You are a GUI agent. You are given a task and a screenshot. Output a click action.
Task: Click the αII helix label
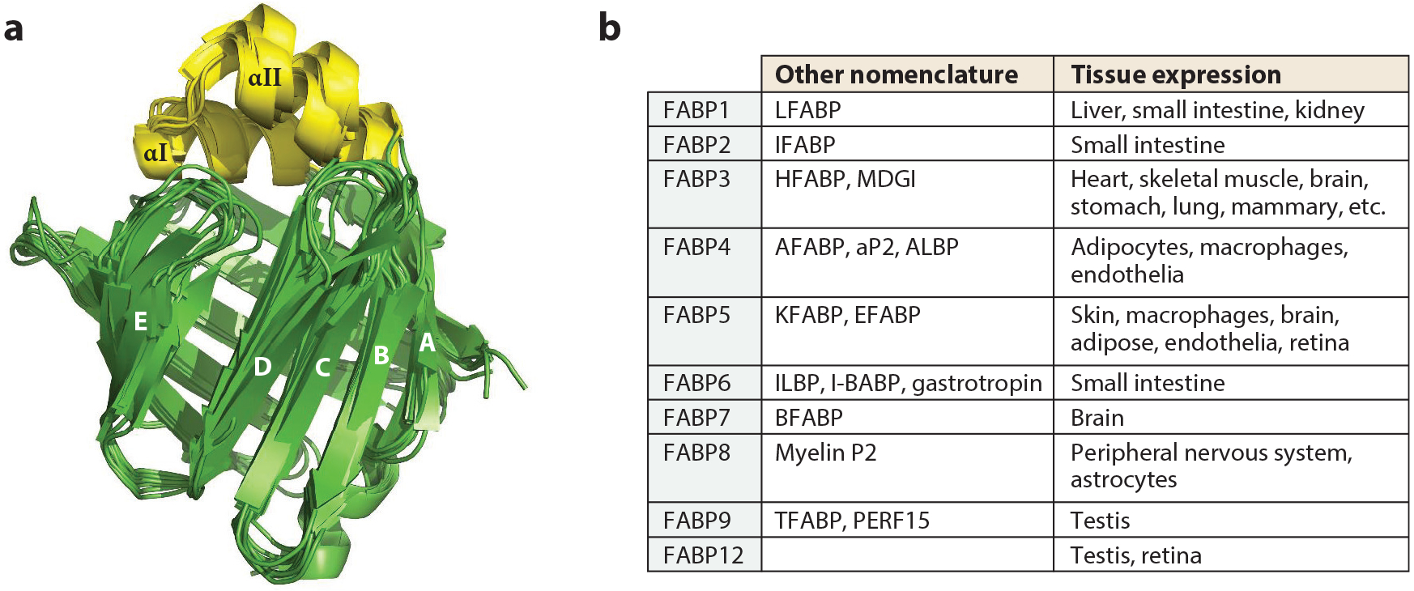[x=265, y=78]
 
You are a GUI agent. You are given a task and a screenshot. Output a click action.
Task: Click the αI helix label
[x=155, y=152]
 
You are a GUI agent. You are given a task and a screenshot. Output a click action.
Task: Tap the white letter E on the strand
[x=140, y=321]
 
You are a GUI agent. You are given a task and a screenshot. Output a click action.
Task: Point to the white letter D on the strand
[x=262, y=367]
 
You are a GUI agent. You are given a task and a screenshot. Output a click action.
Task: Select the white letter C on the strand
[x=322, y=368]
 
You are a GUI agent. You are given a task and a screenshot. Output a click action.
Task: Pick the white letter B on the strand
[x=381, y=355]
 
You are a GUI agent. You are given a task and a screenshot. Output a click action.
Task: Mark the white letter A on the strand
[x=427, y=343]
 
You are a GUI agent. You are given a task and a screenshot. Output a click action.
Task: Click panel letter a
[x=13, y=29]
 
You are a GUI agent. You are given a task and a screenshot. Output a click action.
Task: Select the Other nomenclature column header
[x=896, y=74]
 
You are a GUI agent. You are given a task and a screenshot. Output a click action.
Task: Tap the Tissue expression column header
[x=1175, y=74]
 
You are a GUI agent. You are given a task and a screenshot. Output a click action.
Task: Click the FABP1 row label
[x=696, y=109]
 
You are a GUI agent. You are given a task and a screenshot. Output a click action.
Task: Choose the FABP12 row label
[x=702, y=555]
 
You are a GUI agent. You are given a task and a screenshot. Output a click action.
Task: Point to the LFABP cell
[x=807, y=109]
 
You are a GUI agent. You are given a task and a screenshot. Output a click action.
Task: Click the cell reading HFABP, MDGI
[x=845, y=179]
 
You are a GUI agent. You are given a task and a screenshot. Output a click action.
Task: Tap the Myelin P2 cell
[x=825, y=453]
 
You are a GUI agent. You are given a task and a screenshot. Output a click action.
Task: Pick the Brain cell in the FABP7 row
[x=1097, y=418]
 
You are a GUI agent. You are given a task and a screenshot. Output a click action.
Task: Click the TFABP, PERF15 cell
[x=852, y=521]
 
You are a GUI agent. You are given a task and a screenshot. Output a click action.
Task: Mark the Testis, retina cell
[x=1135, y=555]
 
